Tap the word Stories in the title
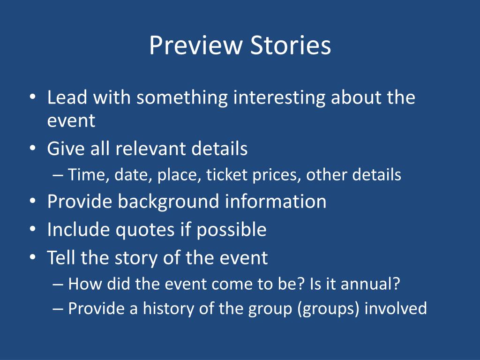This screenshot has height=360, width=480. point(291,45)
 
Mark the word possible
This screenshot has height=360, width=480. point(231,230)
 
